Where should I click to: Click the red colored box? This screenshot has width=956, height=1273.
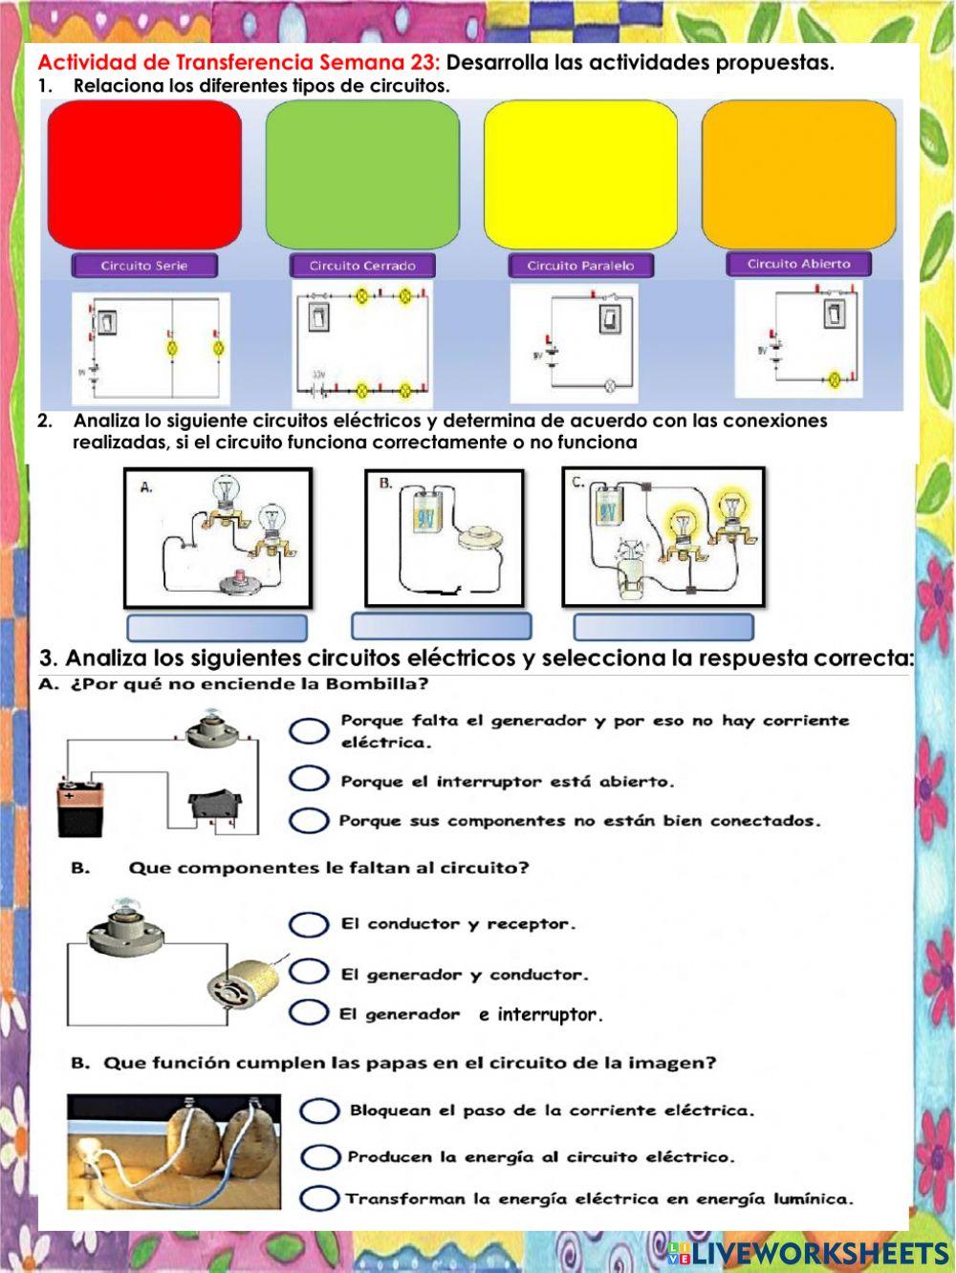click(144, 175)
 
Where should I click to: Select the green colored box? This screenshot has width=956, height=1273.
click(362, 175)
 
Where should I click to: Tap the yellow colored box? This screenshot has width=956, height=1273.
click(580, 175)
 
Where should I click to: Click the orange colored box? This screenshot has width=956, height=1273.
click(798, 175)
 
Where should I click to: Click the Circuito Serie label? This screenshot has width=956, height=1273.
click(144, 266)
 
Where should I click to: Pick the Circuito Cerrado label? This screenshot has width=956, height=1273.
click(362, 266)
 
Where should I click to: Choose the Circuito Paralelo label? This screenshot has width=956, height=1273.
click(580, 266)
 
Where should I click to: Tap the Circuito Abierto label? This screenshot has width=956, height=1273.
click(798, 264)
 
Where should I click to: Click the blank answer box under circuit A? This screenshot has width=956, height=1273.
click(217, 628)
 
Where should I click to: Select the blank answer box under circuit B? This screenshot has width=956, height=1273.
click(441, 627)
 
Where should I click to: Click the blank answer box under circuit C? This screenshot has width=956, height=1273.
click(663, 628)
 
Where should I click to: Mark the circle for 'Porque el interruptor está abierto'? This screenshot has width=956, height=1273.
click(309, 779)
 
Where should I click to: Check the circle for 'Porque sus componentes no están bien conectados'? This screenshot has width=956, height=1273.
click(309, 820)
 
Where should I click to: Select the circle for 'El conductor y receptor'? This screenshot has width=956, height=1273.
click(309, 924)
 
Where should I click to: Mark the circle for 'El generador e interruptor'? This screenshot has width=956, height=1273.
click(309, 1012)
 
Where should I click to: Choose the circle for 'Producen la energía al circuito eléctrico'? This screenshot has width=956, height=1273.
click(319, 1157)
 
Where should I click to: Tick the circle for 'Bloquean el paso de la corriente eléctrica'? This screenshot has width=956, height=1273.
click(319, 1111)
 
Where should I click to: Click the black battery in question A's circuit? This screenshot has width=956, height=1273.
click(79, 809)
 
